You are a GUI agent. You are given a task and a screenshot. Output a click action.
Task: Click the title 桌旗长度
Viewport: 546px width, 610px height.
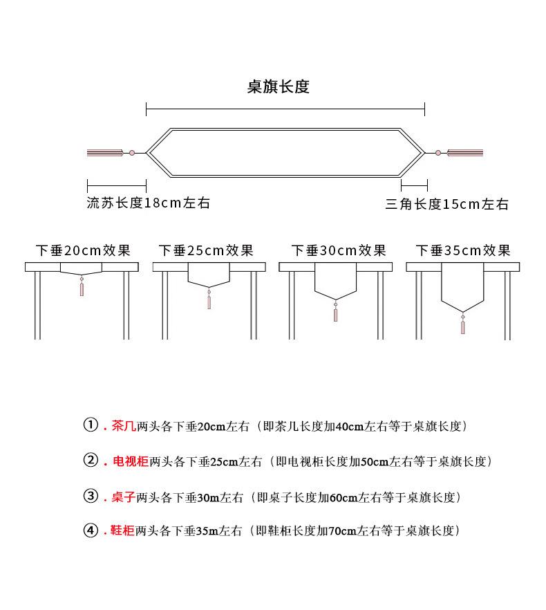click(x=278, y=86)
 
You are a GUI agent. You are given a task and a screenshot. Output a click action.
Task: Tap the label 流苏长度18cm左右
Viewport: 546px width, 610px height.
click(x=148, y=203)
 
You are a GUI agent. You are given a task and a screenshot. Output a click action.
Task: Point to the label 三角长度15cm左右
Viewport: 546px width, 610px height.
click(x=447, y=204)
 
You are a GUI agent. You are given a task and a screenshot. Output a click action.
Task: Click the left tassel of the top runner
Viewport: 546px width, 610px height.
click(x=105, y=153)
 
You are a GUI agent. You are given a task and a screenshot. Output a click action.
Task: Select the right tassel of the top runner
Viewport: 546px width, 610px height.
click(x=465, y=153)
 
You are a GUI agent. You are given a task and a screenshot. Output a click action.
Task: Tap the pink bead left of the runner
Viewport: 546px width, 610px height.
click(x=132, y=153)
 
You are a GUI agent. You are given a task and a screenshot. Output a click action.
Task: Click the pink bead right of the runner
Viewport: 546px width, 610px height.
click(x=438, y=153)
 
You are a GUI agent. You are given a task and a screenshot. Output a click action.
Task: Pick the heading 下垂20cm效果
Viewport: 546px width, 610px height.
click(x=83, y=250)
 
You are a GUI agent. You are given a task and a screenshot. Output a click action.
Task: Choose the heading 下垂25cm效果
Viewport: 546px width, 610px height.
click(x=206, y=250)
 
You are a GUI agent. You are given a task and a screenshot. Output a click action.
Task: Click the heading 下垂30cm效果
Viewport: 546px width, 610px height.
click(x=339, y=250)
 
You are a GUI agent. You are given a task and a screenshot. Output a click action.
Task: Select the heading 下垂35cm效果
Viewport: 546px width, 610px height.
click(x=463, y=250)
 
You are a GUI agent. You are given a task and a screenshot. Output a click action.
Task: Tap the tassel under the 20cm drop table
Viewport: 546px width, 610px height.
click(x=82, y=287)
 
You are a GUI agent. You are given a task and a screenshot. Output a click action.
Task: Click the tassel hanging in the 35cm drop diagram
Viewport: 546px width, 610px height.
click(x=463, y=323)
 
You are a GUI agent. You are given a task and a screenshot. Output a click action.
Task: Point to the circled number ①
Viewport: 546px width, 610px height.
click(x=91, y=425)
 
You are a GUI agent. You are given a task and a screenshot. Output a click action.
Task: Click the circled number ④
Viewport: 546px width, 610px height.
click(x=91, y=530)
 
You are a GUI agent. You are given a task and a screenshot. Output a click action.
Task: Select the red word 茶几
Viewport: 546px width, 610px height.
click(x=124, y=426)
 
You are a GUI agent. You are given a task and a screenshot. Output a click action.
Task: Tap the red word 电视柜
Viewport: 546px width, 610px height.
click(x=131, y=461)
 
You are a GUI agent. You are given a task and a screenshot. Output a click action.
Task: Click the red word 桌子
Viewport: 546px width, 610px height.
click(x=123, y=497)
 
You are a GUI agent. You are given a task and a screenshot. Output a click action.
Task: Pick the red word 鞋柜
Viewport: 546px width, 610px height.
click(x=122, y=530)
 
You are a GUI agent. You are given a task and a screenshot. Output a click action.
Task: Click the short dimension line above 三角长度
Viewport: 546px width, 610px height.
click(x=414, y=185)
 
